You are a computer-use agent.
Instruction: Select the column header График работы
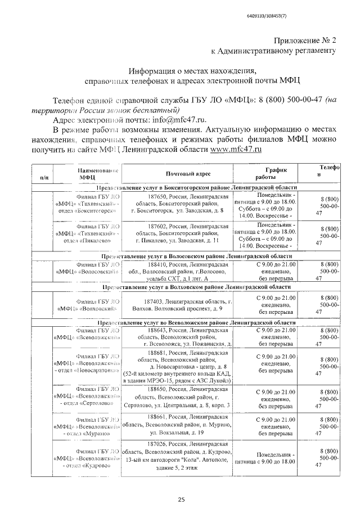click(x=276, y=173)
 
